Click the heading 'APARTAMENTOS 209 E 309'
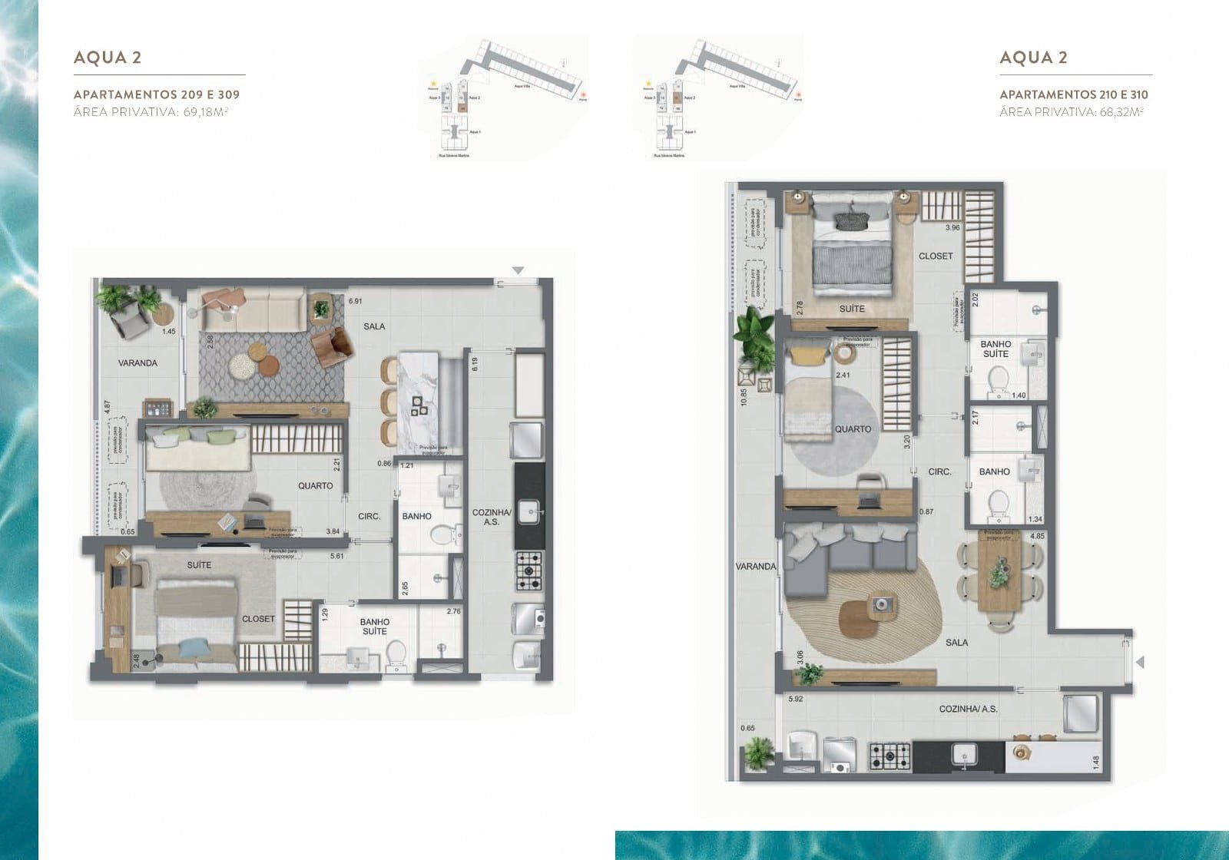pos(156,94)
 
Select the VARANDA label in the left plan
pos(137,362)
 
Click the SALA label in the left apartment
pos(374,326)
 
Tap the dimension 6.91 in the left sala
pos(355,302)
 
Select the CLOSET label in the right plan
pos(935,256)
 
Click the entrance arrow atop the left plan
pos(518,270)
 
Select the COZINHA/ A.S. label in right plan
pos(968,709)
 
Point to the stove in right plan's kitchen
pos(890,756)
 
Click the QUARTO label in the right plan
pos(853,429)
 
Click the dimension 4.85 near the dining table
pos(1037,536)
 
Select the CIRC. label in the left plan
pos(369,516)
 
